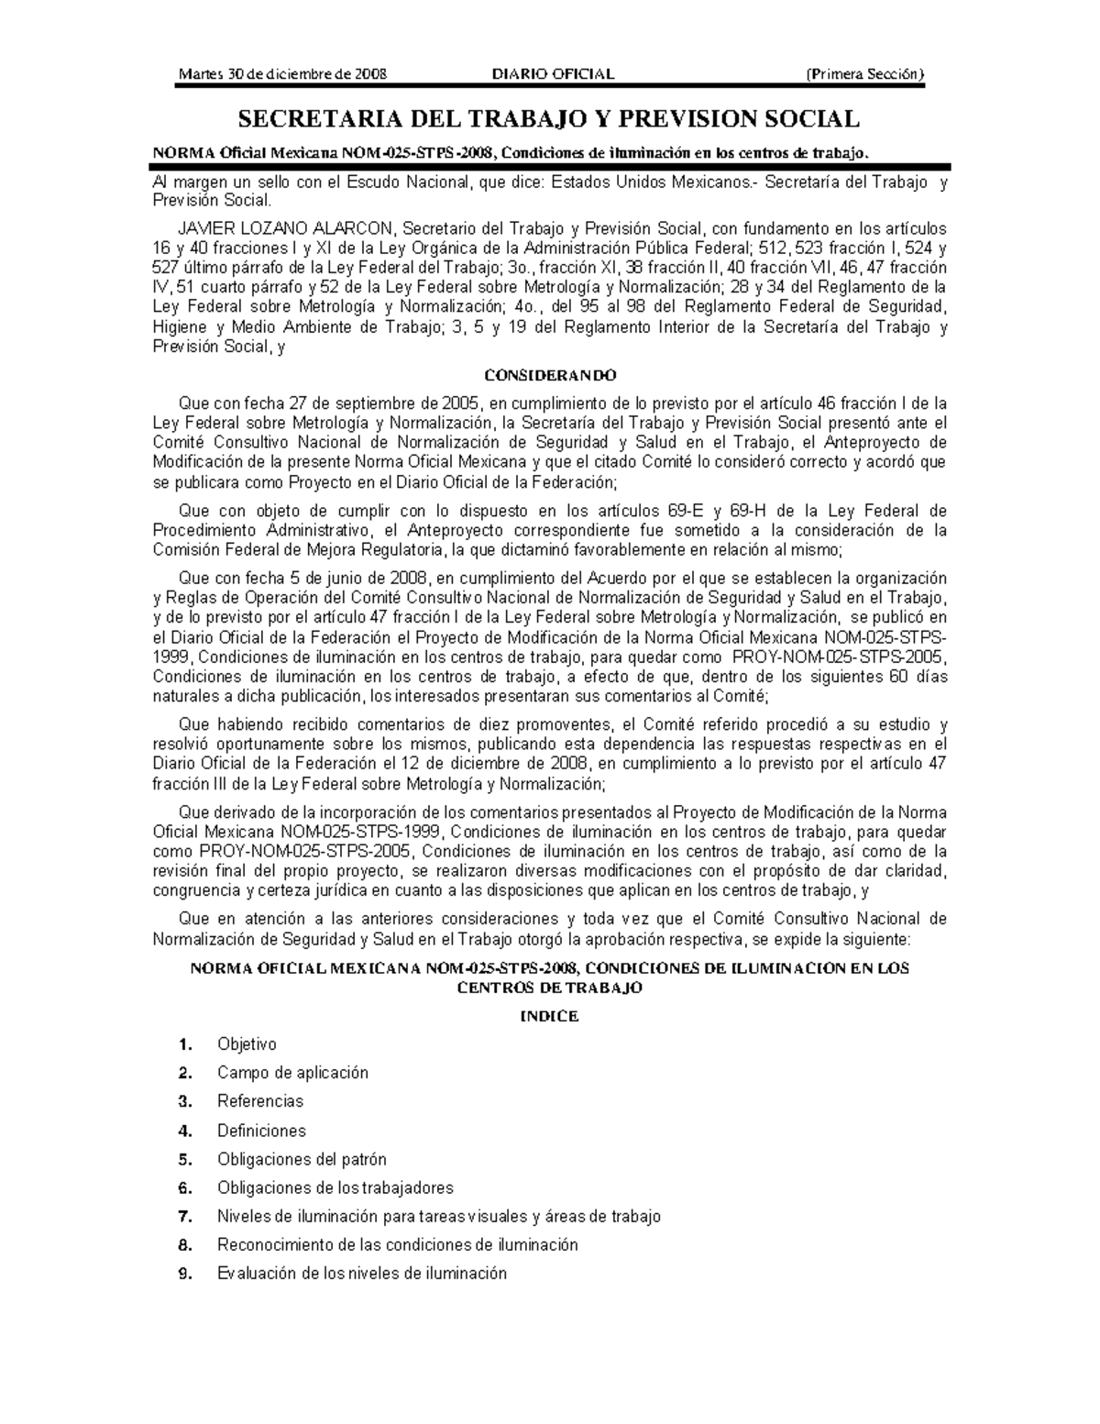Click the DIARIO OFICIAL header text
click(x=553, y=74)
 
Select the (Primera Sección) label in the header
click(x=864, y=74)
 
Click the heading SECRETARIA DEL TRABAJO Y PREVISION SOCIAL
click(x=549, y=119)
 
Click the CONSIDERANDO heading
click(x=550, y=375)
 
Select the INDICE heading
click(x=549, y=1016)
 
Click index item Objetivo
click(x=247, y=1044)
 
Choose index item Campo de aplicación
click(x=292, y=1073)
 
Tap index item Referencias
click(x=259, y=1101)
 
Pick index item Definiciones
click(x=261, y=1131)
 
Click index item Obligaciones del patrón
click(x=302, y=1159)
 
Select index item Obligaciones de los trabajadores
click(x=335, y=1188)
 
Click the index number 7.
click(x=185, y=1217)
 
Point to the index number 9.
click(x=185, y=1274)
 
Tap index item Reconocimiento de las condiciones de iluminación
click(x=397, y=1245)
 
